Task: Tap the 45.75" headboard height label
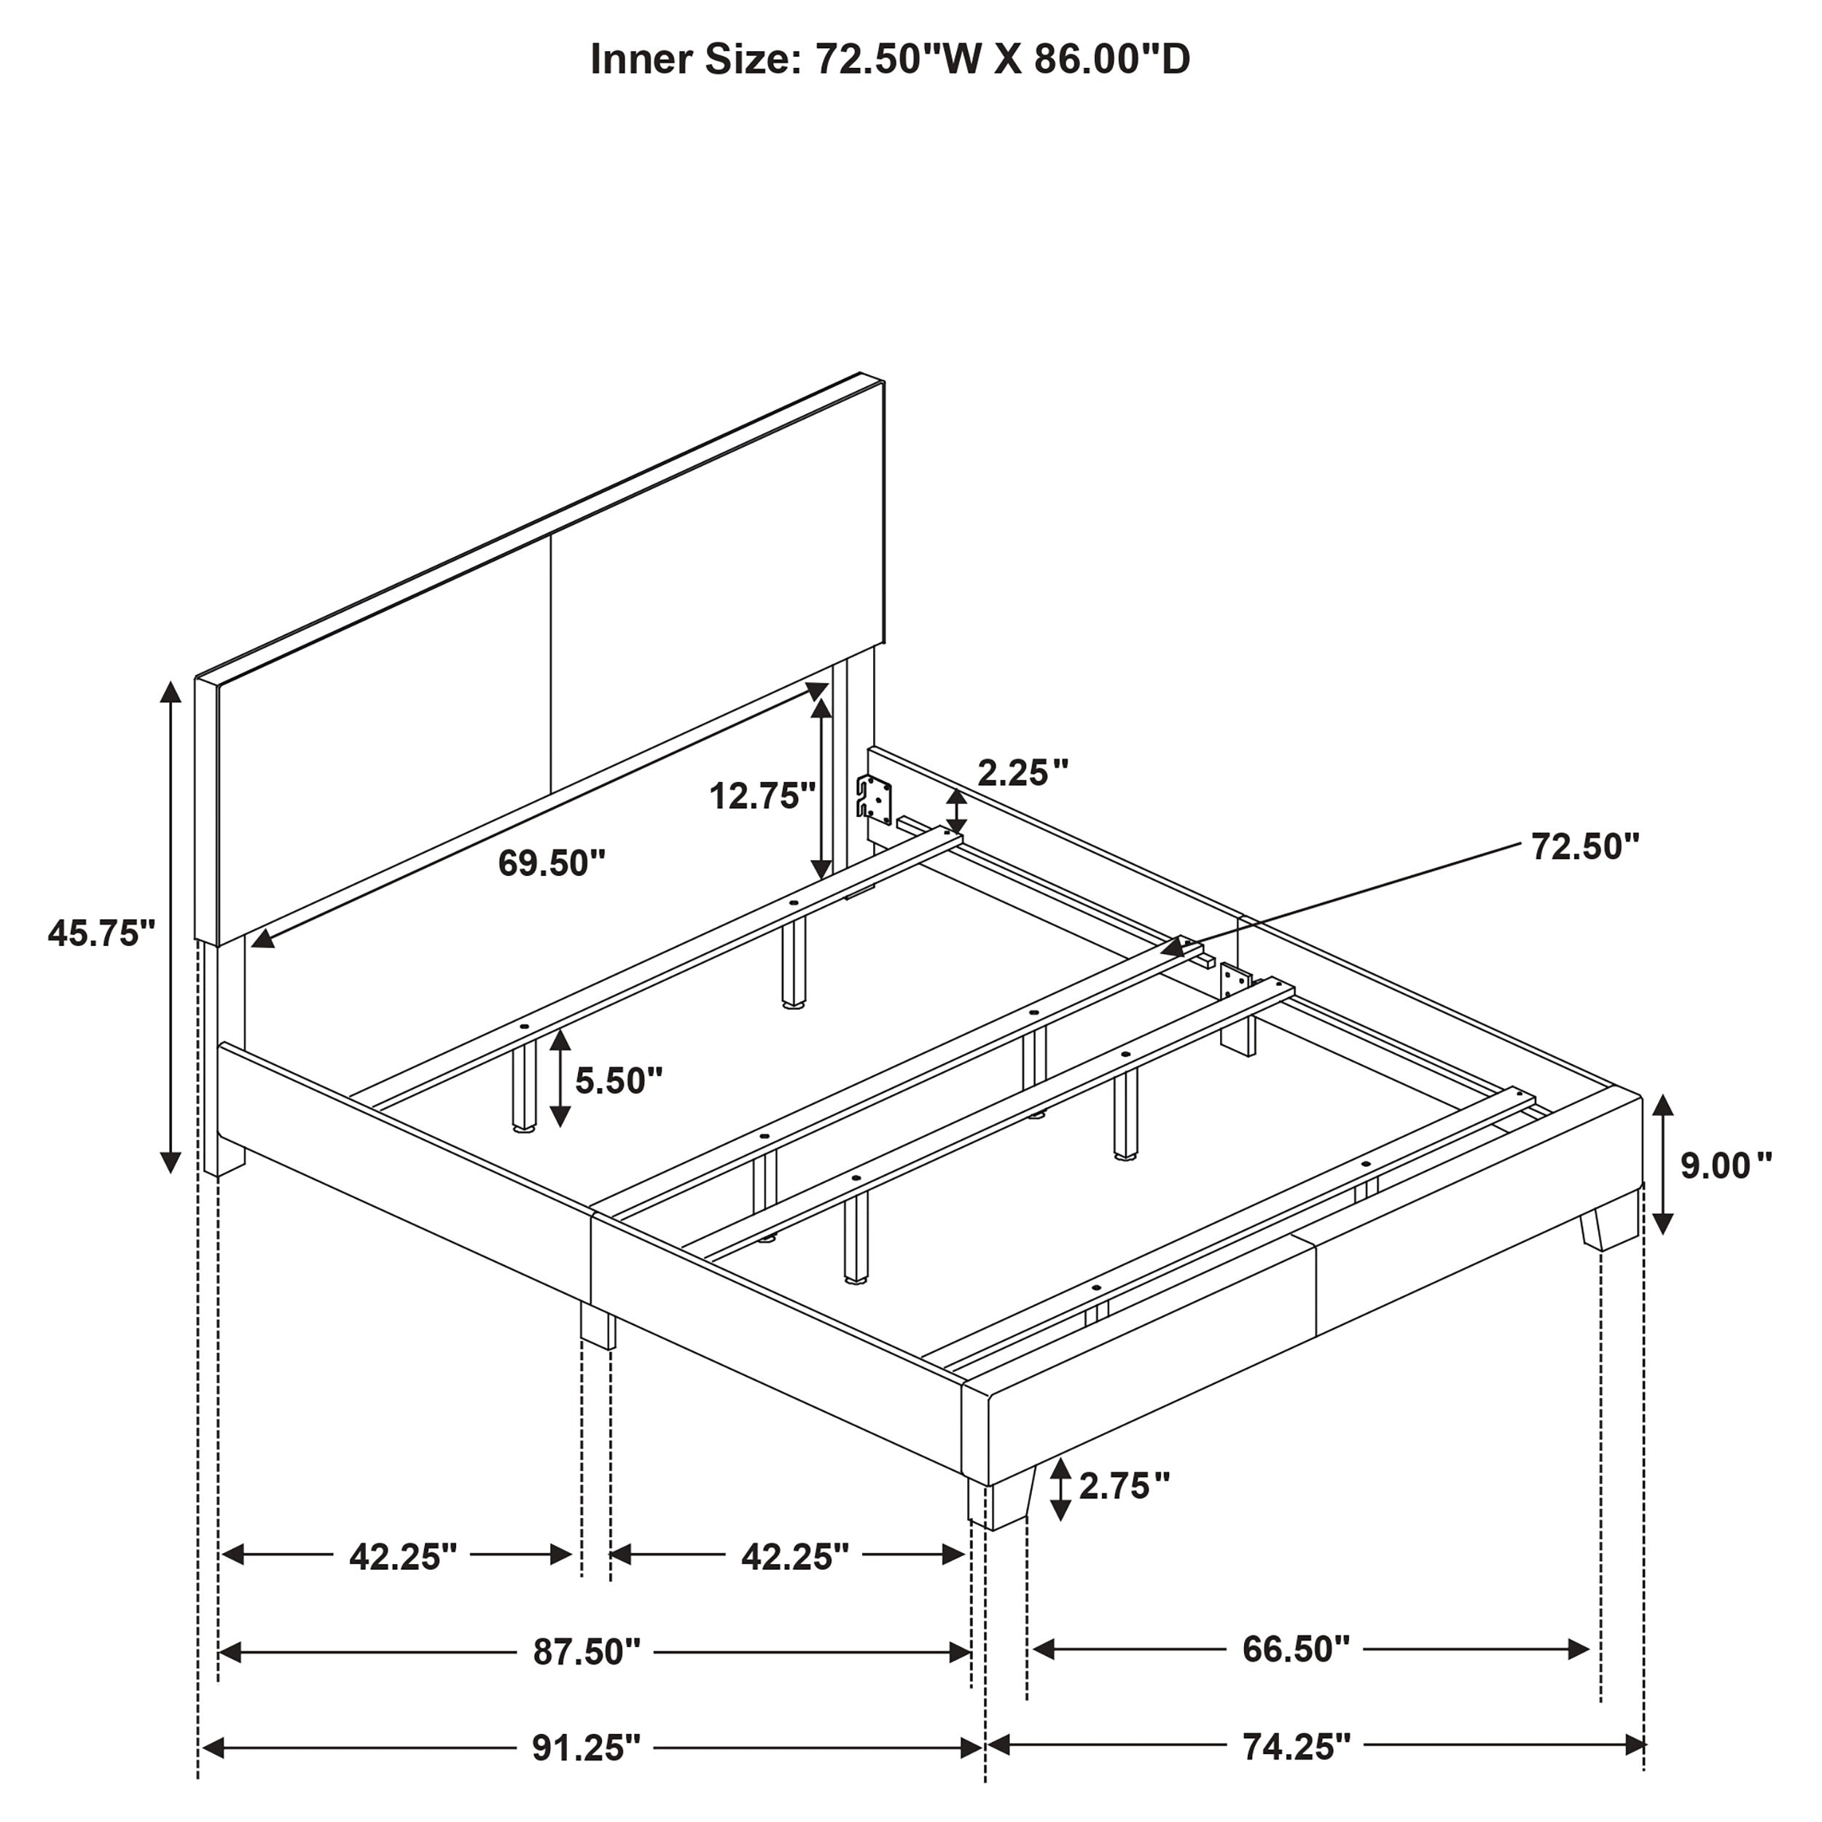(x=101, y=933)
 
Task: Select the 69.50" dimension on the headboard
(x=552, y=862)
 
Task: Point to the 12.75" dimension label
(x=761, y=796)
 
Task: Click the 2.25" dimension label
(x=1023, y=773)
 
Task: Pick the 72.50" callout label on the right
(x=1585, y=846)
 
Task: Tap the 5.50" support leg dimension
(x=619, y=1080)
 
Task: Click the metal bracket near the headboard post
(x=875, y=798)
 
